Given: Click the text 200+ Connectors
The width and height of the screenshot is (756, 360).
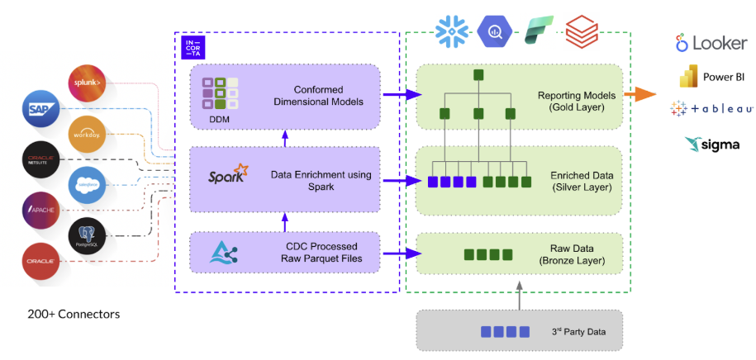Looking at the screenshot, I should (x=74, y=315).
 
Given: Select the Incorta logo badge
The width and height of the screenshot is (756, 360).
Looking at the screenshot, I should (x=193, y=49).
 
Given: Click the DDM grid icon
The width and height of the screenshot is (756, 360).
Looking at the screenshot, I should (x=220, y=92).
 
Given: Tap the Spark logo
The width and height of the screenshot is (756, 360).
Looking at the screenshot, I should (x=228, y=174).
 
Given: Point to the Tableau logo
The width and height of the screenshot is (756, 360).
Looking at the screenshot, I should (x=711, y=109).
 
